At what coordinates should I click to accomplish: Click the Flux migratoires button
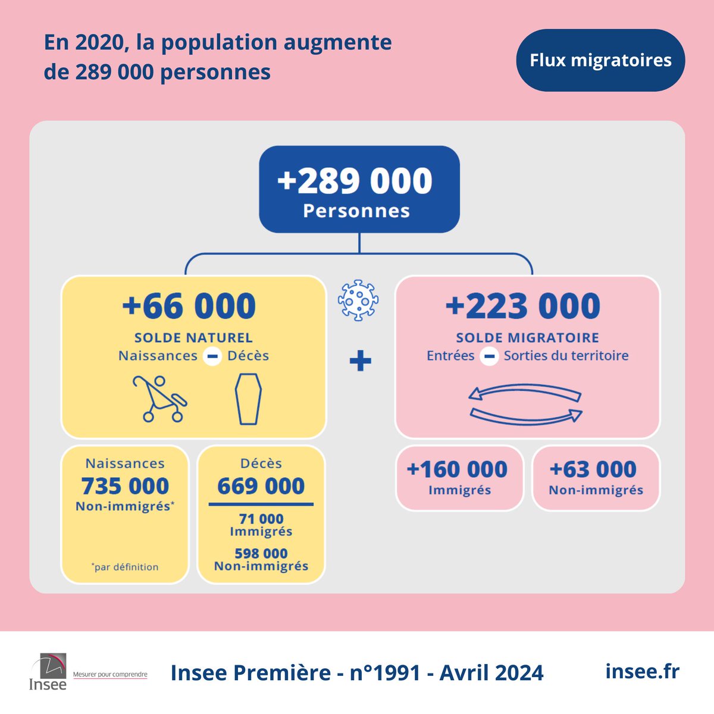click(600, 60)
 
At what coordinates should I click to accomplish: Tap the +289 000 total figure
click(355, 181)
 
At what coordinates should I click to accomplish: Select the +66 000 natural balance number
click(189, 306)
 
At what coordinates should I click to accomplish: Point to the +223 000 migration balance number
click(523, 306)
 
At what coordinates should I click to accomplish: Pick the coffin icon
click(248, 399)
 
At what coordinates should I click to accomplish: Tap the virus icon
click(358, 300)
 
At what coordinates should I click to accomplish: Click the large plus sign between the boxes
click(360, 361)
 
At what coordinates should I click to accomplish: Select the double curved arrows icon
click(525, 403)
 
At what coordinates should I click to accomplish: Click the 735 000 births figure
click(126, 486)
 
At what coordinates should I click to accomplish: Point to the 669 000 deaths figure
click(261, 486)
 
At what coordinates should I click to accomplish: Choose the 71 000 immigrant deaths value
click(261, 519)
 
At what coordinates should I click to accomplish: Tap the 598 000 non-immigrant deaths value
click(261, 553)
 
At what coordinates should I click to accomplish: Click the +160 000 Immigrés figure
click(457, 469)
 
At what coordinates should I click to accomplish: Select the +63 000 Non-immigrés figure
click(593, 469)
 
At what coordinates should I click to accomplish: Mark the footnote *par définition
click(126, 567)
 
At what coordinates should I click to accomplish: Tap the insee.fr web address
click(642, 671)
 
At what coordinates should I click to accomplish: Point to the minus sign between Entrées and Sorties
click(489, 356)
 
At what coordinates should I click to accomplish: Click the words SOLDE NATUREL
click(193, 337)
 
